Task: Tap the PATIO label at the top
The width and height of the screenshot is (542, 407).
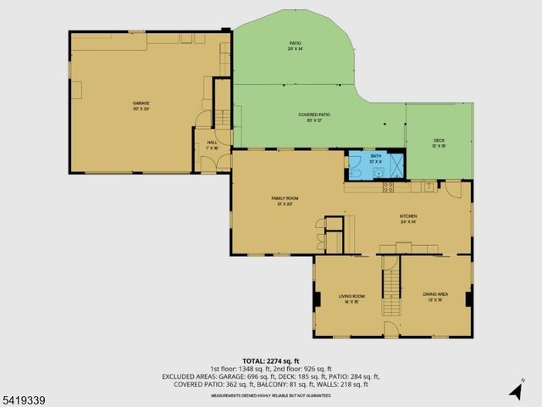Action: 295,46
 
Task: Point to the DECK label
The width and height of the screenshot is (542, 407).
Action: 439,142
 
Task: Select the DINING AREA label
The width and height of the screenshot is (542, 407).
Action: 435,296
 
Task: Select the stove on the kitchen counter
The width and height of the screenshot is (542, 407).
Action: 391,186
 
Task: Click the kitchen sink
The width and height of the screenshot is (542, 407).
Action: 429,185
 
